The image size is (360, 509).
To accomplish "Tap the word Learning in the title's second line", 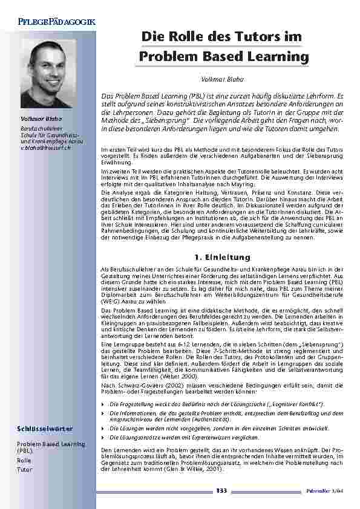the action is point(280,57).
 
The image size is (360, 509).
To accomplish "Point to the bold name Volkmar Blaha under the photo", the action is point(38,118).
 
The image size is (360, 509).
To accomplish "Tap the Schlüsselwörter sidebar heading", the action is point(45,429).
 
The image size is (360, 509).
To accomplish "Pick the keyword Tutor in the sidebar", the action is point(24,469).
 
